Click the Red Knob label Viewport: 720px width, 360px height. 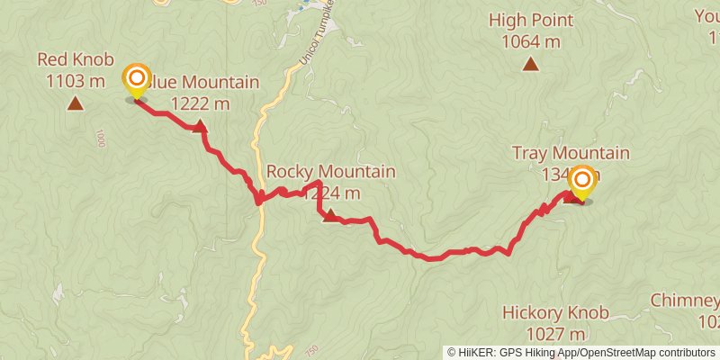[76, 60]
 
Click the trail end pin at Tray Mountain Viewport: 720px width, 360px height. [581, 183]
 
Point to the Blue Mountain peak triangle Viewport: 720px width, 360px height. [199, 127]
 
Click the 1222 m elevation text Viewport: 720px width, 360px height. [199, 103]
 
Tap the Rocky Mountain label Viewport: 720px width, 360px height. [330, 171]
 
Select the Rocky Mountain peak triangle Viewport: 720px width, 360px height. [330, 215]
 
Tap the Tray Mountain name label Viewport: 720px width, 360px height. [570, 153]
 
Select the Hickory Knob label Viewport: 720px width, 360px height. [556, 313]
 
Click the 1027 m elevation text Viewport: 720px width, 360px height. [556, 334]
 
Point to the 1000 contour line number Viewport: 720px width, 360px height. [99, 139]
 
